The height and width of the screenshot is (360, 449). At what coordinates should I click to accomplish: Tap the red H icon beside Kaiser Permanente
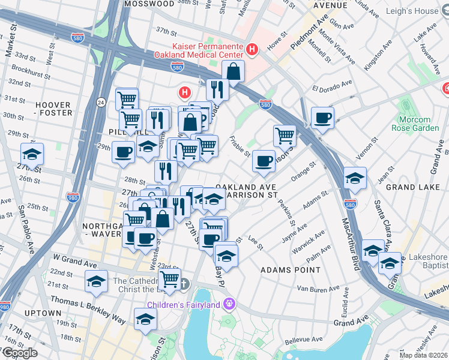[x=253, y=49]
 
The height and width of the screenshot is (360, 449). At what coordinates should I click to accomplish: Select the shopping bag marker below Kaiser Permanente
[x=233, y=71]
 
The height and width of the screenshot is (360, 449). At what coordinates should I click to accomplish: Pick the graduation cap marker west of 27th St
[x=32, y=154]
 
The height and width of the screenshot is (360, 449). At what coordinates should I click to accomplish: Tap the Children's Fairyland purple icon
[x=229, y=304]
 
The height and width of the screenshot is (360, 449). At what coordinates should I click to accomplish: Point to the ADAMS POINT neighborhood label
[x=290, y=270]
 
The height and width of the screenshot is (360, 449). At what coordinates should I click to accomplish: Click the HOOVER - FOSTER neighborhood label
[x=53, y=108]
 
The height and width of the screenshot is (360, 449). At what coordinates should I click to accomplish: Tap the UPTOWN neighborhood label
[x=43, y=313]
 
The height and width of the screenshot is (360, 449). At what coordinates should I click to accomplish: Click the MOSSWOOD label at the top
[x=149, y=4]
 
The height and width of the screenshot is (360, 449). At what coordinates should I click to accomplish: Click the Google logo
[x=19, y=353]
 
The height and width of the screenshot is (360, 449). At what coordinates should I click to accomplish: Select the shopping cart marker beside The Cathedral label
[x=170, y=278]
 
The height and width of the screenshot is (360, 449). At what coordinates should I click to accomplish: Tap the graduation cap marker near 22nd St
[x=96, y=281]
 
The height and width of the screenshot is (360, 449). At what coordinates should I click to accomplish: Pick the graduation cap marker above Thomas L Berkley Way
[x=145, y=319]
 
